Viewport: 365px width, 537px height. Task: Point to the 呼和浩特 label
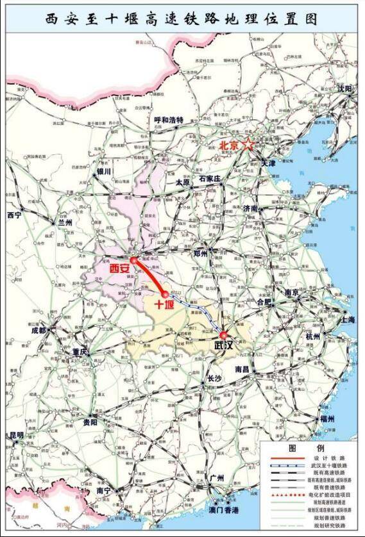169,120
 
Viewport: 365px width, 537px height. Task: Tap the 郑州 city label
201,253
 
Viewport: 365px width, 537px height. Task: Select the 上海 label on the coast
348,319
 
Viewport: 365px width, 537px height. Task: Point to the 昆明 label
16,435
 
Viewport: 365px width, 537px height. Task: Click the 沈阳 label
345,88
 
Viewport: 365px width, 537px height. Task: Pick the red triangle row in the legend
287,495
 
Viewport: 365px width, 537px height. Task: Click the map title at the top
182,19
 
